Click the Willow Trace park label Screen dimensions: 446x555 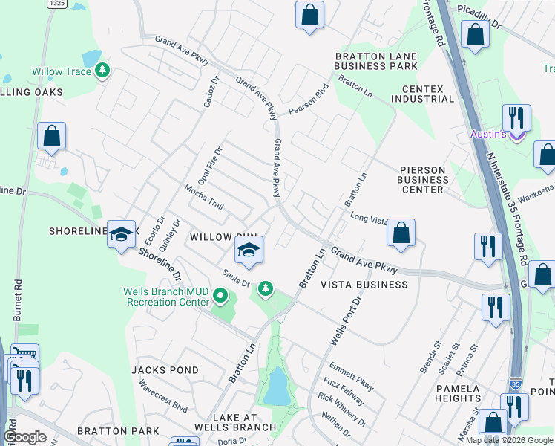[62, 72]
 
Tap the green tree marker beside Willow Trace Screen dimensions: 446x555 [102, 71]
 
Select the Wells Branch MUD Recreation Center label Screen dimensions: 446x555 [168, 297]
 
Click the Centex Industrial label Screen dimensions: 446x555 [427, 94]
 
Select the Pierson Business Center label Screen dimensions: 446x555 [423, 179]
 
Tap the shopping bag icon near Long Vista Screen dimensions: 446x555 [401, 232]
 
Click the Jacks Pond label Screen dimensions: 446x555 [165, 370]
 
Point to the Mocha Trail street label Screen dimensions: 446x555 [205, 197]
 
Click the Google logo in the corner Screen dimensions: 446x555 [25, 436]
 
